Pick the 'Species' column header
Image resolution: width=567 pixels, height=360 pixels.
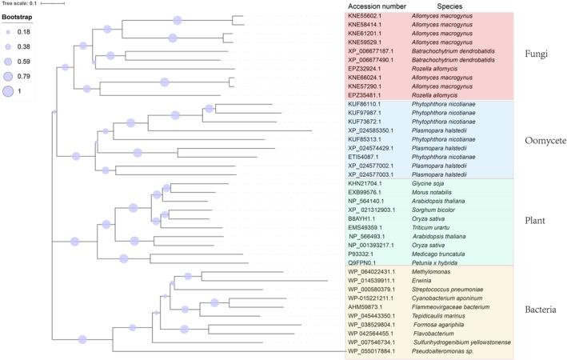(x=451, y=6)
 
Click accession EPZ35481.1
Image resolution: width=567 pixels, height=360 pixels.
(x=366, y=94)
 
